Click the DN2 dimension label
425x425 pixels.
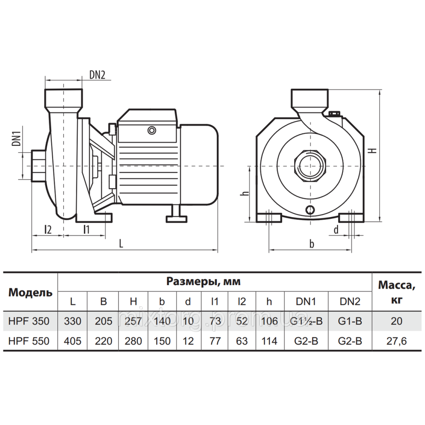click(x=97, y=75)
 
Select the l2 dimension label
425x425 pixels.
click(x=48, y=229)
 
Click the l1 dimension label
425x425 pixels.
click(x=86, y=229)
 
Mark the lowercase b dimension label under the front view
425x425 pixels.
click(x=312, y=244)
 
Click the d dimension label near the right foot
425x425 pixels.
click(x=336, y=230)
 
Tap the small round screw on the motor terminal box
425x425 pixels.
click(x=151, y=130)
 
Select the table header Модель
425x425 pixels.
click(x=31, y=292)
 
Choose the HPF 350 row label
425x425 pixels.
click(x=29, y=321)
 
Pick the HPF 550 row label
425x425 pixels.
click(x=29, y=341)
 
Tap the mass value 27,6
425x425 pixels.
click(x=396, y=341)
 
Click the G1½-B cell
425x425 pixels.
click(x=306, y=321)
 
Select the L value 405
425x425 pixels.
click(x=73, y=341)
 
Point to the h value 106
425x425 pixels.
click(x=269, y=321)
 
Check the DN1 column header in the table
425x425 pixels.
click(x=306, y=302)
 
